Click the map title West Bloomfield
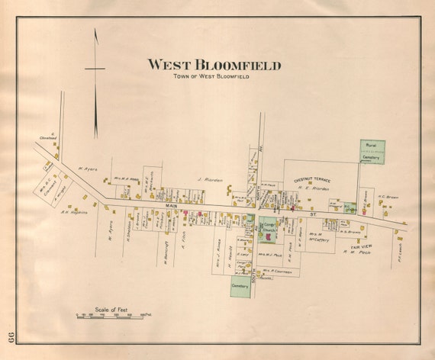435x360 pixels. pos(214,66)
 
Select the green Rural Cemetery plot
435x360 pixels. pos(372,152)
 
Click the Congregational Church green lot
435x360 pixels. pos(268,228)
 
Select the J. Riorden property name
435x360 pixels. pos(208,180)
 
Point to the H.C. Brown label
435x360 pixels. pos(388,197)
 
